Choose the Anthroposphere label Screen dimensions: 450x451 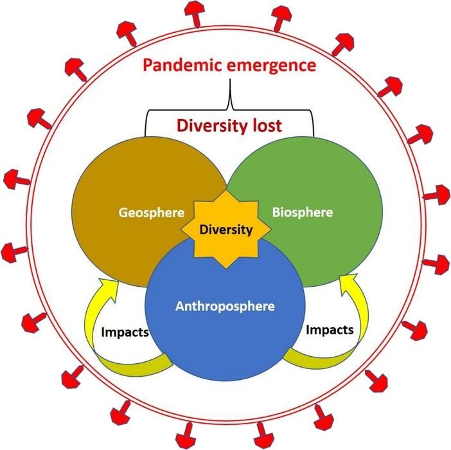225,307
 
